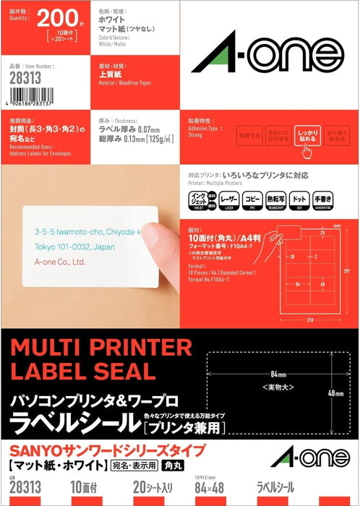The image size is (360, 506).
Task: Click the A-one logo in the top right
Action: tap(267, 50)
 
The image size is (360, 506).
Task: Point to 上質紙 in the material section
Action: tap(111, 73)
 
